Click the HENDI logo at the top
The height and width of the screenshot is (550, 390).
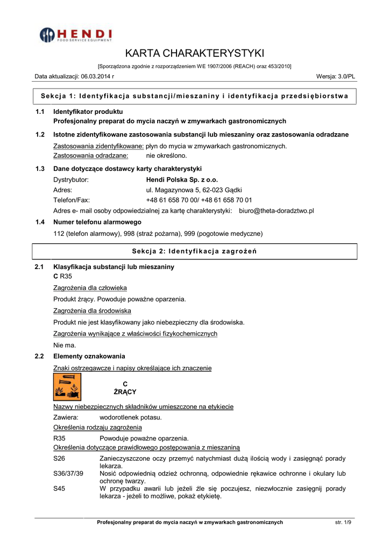[76, 34]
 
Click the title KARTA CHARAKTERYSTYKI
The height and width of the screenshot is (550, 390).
[195, 53]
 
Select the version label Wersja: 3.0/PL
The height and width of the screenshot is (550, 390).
[336, 76]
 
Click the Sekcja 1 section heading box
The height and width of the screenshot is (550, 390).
[195, 96]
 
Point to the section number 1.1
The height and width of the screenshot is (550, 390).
[39, 111]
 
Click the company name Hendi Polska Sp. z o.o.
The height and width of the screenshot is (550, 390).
[182, 180]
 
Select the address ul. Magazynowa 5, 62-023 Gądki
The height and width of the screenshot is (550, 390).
[194, 190]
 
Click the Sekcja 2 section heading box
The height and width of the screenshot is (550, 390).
[195, 251]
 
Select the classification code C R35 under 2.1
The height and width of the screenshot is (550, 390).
[62, 276]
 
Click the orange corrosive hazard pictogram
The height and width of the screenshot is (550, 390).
[67, 387]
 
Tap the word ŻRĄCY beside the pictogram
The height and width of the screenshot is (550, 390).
[125, 393]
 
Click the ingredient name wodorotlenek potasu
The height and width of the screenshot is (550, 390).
[131, 417]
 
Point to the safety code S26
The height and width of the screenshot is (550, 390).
[59, 458]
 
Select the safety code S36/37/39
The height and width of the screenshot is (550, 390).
[69, 473]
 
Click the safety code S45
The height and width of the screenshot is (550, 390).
[59, 488]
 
